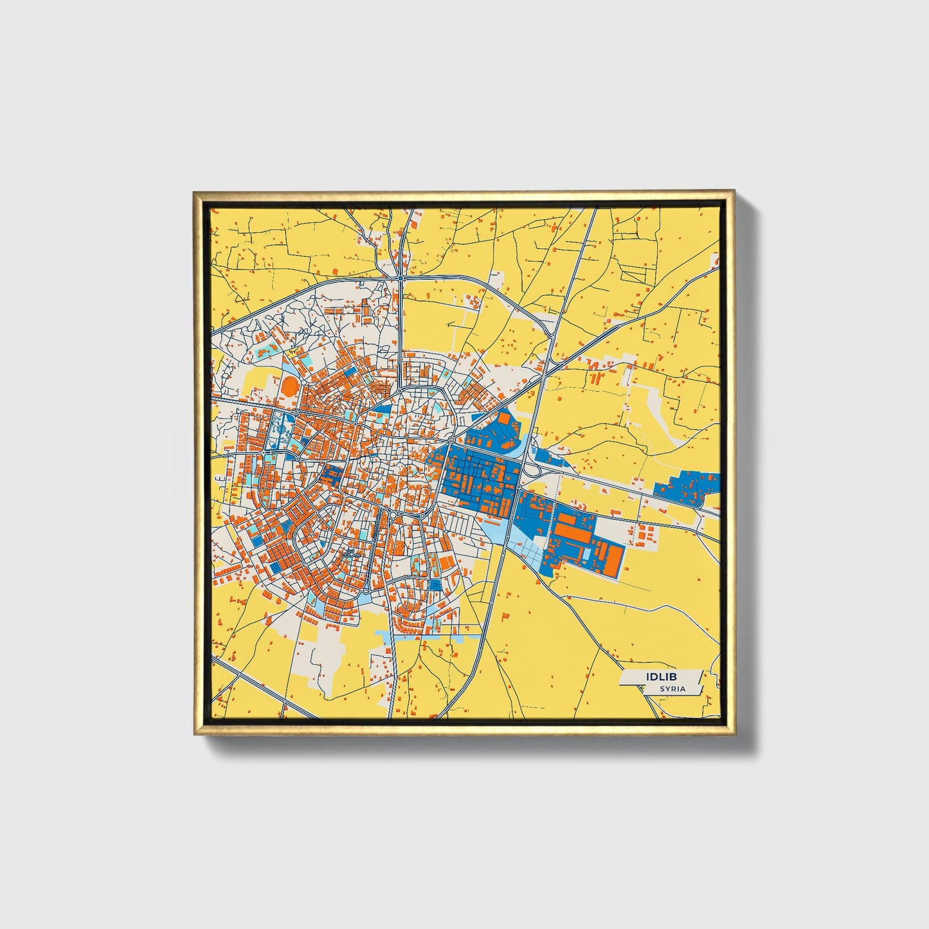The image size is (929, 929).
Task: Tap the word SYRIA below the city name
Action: tap(672, 689)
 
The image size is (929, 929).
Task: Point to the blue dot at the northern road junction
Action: tap(400, 278)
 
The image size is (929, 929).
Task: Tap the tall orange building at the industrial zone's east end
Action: tap(614, 560)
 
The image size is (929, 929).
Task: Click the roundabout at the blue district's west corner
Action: tap(451, 440)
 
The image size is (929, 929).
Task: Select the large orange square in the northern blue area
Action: tap(504, 419)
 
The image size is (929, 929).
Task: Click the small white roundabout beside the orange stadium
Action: tap(302, 384)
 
